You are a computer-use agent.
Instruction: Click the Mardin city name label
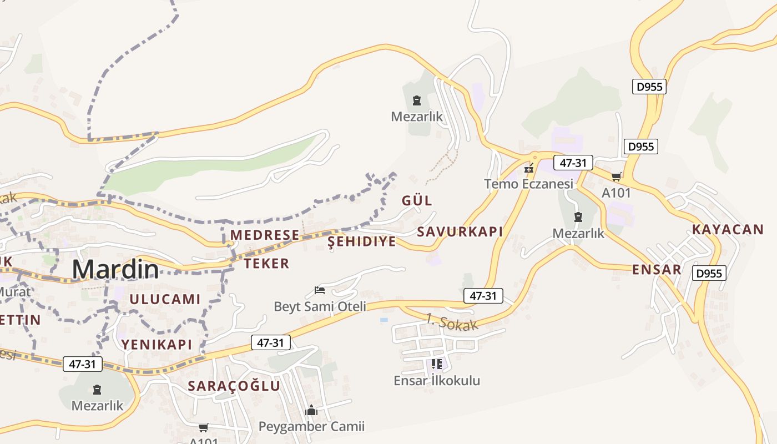(x=115, y=270)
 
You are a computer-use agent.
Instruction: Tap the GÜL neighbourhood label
(x=417, y=201)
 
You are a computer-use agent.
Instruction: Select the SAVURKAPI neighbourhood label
(x=460, y=232)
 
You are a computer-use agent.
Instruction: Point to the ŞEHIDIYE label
(x=362, y=241)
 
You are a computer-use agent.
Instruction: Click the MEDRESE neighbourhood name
(x=265, y=235)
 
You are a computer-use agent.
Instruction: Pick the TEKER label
(x=266, y=264)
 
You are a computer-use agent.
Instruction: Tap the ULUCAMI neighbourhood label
(x=165, y=299)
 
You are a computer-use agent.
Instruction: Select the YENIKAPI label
(x=157, y=345)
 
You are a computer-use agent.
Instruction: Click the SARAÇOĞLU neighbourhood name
(x=234, y=386)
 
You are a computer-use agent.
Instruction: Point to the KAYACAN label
(x=728, y=230)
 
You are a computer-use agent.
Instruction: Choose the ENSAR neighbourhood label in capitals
(x=657, y=270)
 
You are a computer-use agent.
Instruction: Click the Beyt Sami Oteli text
(x=320, y=306)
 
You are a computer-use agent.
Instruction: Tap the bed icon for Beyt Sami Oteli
(x=320, y=290)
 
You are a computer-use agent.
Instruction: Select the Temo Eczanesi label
(x=528, y=184)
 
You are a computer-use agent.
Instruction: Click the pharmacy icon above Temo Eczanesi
(x=529, y=168)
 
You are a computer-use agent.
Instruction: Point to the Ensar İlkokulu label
(x=437, y=381)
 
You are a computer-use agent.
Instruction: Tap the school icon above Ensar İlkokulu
(x=437, y=364)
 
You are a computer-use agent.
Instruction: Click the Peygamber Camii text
(x=311, y=427)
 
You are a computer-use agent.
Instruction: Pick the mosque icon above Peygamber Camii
(x=311, y=410)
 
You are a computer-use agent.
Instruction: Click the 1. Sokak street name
(x=452, y=322)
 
